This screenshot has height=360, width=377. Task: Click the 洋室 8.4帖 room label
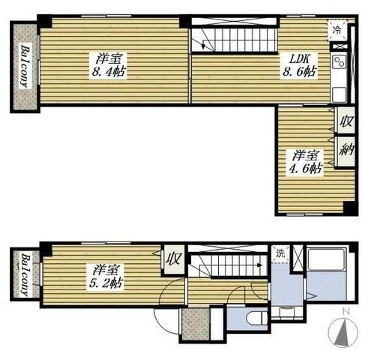click(x=109, y=65)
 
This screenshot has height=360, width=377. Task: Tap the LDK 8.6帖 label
click(x=299, y=65)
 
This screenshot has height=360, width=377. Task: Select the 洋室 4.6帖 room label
click(x=305, y=163)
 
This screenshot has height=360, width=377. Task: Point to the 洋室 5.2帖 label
click(x=105, y=277)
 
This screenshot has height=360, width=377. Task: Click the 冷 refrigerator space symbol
click(x=337, y=30)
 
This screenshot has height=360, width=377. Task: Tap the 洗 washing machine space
click(x=280, y=254)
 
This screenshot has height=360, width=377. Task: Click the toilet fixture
click(x=256, y=318)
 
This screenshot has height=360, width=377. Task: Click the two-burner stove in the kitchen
click(x=340, y=61)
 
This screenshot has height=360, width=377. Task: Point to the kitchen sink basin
click(x=339, y=94)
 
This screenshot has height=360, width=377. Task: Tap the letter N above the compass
click(x=346, y=312)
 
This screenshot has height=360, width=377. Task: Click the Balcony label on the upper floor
click(x=25, y=66)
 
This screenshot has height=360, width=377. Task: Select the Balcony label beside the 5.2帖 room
click(x=25, y=275)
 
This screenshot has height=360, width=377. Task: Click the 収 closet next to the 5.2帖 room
click(x=174, y=259)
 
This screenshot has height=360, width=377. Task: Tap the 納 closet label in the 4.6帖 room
click(x=346, y=151)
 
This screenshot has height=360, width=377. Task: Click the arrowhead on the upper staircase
click(x=204, y=46)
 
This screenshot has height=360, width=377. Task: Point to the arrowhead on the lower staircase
click(x=260, y=265)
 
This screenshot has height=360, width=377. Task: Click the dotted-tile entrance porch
click(x=196, y=324)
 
